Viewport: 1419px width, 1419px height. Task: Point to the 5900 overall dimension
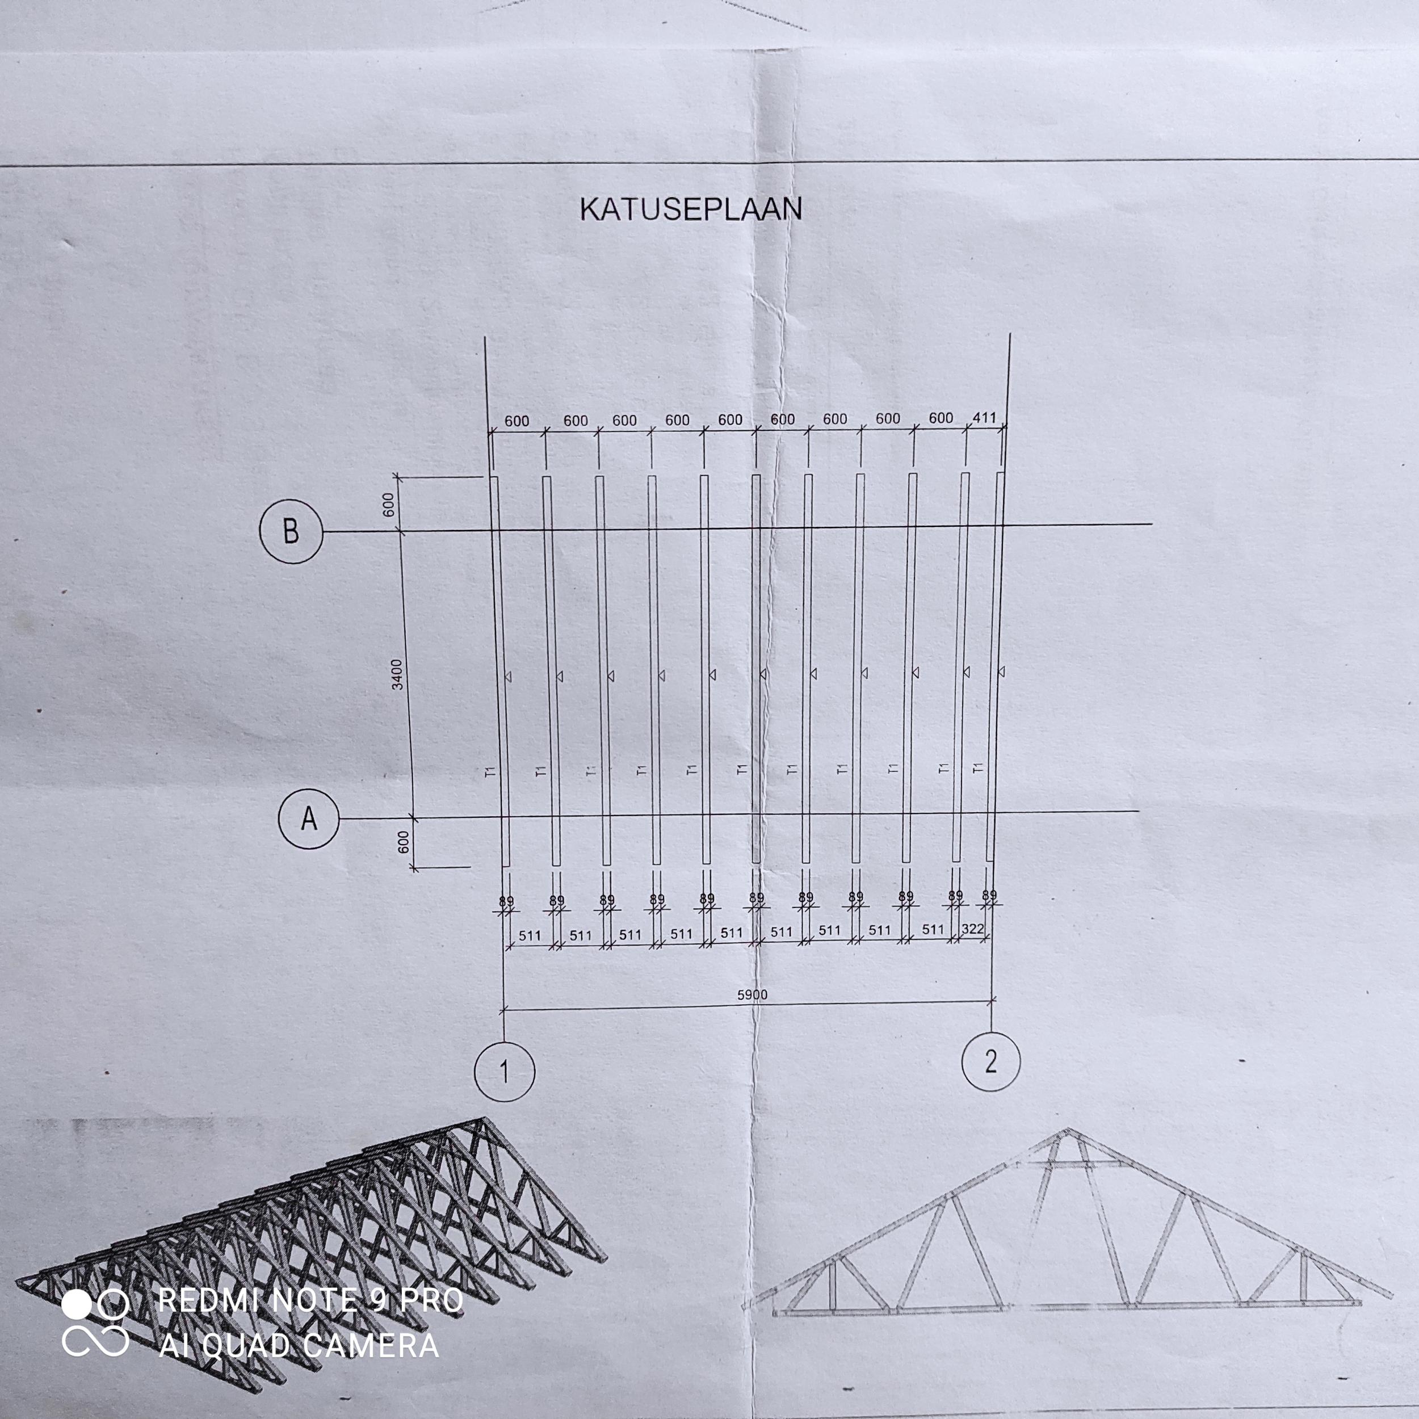click(x=752, y=994)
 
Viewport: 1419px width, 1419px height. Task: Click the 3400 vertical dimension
click(x=397, y=674)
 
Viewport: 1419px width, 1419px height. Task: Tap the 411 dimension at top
click(x=984, y=417)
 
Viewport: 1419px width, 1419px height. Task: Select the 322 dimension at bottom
click(x=972, y=929)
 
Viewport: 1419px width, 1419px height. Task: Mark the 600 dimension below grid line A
click(x=403, y=842)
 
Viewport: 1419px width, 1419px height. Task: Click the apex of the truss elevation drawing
click(x=1068, y=1130)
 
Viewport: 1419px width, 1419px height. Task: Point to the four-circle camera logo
click(x=95, y=1323)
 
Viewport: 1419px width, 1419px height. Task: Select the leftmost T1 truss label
click(x=490, y=771)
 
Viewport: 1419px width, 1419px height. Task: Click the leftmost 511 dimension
click(x=530, y=936)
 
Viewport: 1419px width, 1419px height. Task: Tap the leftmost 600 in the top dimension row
click(x=517, y=422)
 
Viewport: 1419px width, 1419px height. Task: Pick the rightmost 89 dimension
click(x=989, y=895)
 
